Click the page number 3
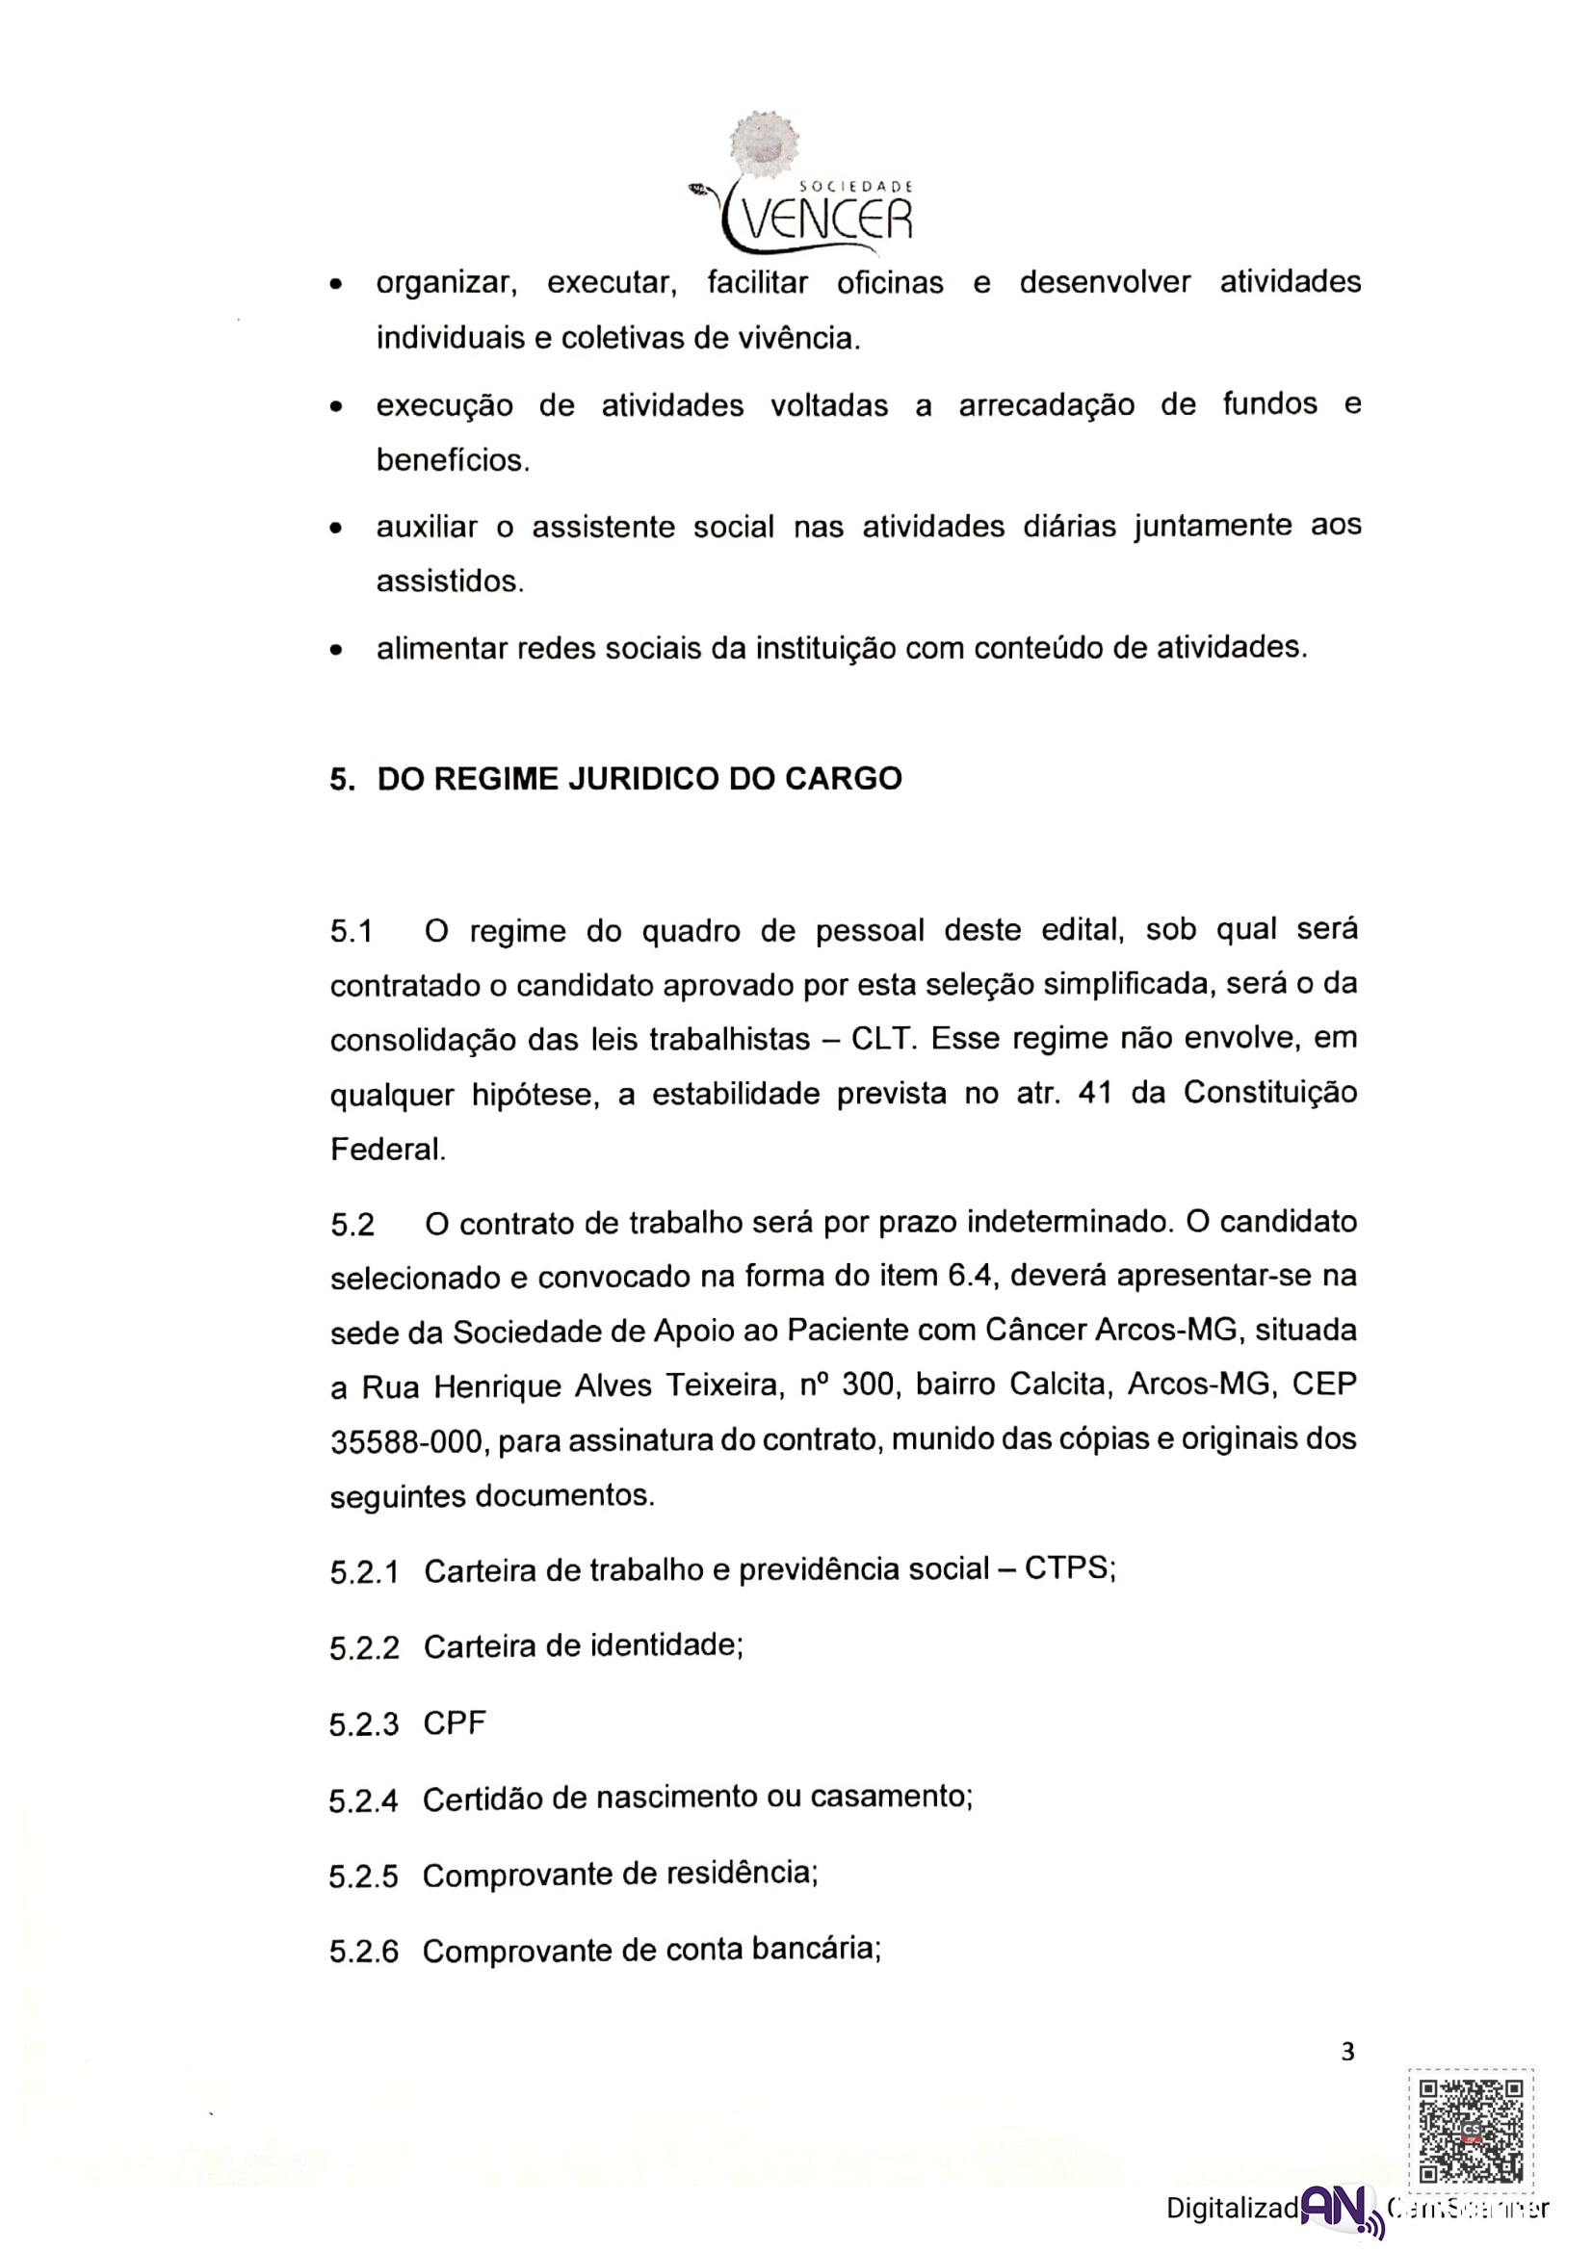pyautogui.click(x=1347, y=2050)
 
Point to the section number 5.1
pyautogui.click(x=352, y=931)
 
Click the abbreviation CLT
pyautogui.click(x=882, y=1038)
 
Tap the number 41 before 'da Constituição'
pyautogui.click(x=1095, y=1093)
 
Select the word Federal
pyautogui.click(x=387, y=1149)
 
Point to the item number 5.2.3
pyautogui.click(x=364, y=1724)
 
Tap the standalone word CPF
pyautogui.click(x=456, y=1723)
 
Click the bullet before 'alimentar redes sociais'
pyautogui.click(x=336, y=649)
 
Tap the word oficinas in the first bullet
pyautogui.click(x=890, y=283)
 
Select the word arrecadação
pyautogui.click(x=1046, y=405)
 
